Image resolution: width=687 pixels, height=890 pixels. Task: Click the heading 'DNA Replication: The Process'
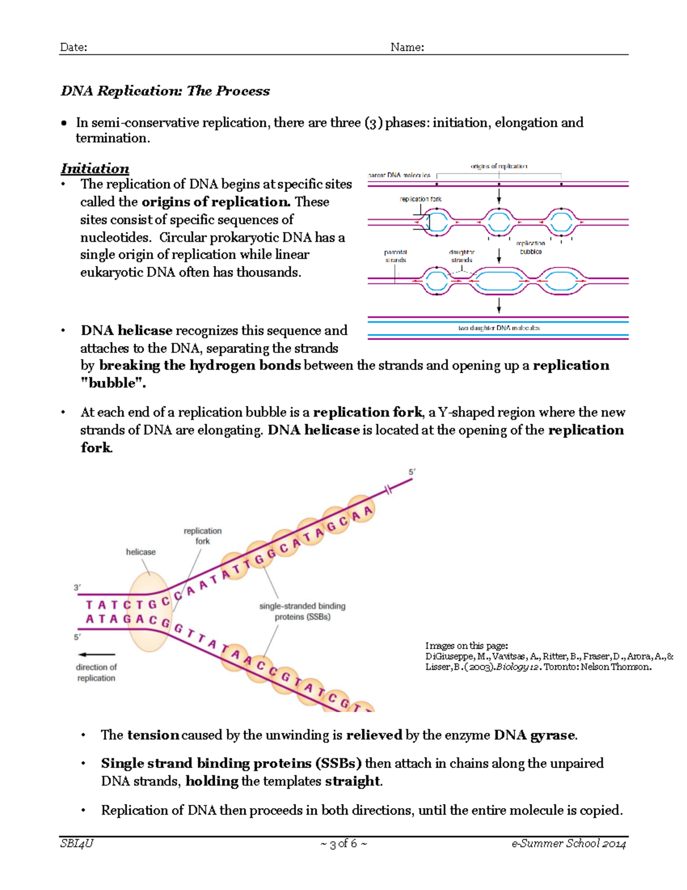pos(165,91)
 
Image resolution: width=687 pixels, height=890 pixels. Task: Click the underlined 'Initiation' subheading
pos(95,168)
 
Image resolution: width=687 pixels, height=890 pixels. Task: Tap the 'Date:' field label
pos(73,48)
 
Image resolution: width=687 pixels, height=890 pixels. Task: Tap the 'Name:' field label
pos(407,48)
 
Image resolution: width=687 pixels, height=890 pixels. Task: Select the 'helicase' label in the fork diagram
pos(141,552)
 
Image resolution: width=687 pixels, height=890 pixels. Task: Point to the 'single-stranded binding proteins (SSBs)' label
pos(302,611)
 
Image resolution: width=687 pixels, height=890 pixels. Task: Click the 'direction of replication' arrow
pos(97,654)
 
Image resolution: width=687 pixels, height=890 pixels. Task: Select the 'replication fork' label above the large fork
pos(203,536)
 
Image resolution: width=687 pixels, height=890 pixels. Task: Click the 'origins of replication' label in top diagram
pos(499,166)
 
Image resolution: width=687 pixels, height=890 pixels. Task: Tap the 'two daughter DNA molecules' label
pos(499,328)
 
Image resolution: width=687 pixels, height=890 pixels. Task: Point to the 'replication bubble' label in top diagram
pos(531,247)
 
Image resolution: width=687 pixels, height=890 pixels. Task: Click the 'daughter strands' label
pos(461,256)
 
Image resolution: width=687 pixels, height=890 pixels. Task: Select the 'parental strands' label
pos(395,256)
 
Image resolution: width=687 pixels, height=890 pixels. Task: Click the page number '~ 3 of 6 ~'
pos(343,844)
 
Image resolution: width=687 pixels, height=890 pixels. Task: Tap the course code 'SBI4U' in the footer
pos(77,844)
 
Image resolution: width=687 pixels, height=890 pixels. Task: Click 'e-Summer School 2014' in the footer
pos(568,844)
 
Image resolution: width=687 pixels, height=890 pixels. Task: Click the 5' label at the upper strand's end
pos(412,472)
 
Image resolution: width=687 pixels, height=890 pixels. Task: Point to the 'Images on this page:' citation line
pos(467,646)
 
